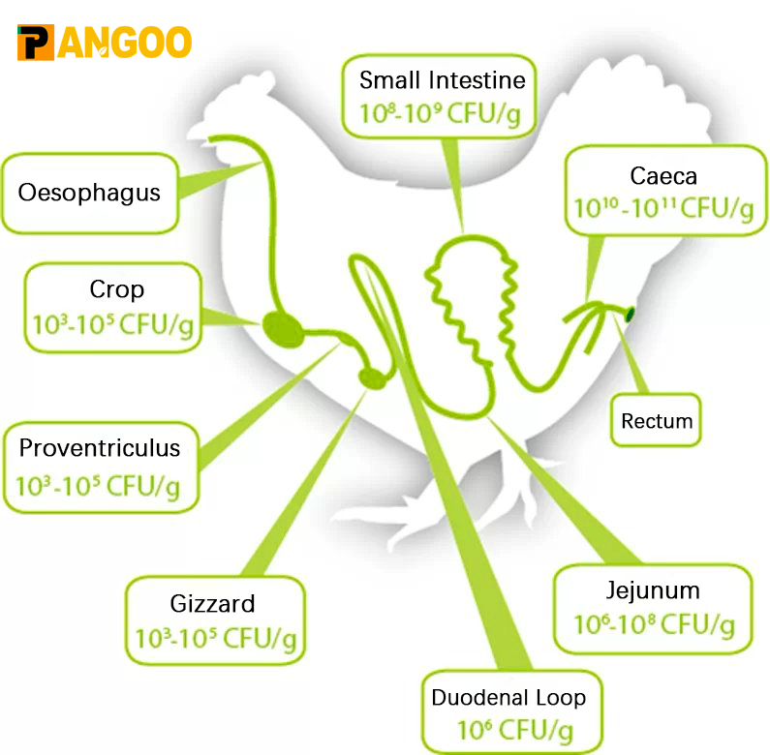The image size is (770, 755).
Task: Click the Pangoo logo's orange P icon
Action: [x=36, y=43]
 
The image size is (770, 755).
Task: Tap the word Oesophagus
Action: [x=89, y=193]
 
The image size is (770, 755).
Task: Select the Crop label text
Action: [x=117, y=289]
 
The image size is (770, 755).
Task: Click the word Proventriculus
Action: [x=100, y=448]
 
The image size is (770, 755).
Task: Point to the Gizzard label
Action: [x=213, y=604]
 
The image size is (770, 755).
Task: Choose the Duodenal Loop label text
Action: [x=508, y=698]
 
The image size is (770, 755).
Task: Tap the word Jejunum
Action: [x=653, y=590]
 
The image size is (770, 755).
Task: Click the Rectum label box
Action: [x=656, y=420]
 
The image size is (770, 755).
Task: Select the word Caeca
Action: [x=663, y=176]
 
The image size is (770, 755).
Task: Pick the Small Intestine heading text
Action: [x=443, y=80]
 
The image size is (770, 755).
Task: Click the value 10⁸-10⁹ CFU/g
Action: [x=440, y=114]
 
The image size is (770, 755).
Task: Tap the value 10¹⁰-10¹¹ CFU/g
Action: [x=663, y=209]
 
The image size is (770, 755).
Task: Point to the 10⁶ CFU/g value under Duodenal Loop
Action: [x=515, y=730]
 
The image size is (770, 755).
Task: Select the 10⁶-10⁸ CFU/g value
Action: [x=654, y=625]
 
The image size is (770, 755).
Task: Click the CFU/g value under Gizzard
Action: [x=216, y=639]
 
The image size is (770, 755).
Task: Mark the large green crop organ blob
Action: [x=284, y=329]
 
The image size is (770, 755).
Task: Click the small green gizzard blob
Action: [x=372, y=378]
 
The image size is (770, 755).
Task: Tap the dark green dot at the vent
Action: [x=630, y=315]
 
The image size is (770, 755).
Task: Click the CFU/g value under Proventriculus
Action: [x=98, y=487]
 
